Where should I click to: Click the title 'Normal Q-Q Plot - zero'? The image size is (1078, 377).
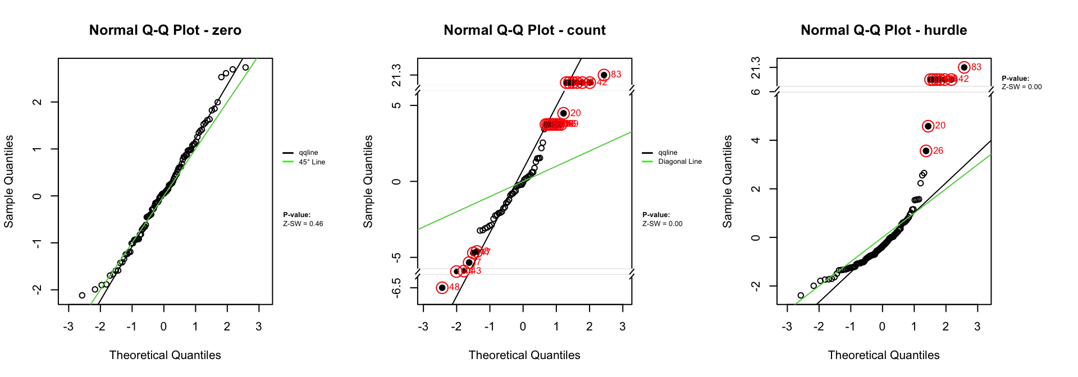165,30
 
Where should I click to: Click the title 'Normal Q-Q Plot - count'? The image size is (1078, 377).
524,30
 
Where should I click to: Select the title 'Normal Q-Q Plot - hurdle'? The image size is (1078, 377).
884,30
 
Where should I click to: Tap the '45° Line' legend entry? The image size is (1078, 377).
312,162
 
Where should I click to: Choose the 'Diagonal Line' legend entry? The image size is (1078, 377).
679,162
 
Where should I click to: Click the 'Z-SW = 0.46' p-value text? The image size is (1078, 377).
303,224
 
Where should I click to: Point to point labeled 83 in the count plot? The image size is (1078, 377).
604,75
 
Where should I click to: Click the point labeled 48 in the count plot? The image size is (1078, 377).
442,288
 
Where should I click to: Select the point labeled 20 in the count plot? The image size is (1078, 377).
564,113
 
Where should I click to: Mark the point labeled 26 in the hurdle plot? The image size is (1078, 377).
926,151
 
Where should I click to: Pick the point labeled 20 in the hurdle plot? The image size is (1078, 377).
928,126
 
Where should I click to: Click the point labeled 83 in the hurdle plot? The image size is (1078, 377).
964,67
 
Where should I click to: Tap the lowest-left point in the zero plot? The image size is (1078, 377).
82,295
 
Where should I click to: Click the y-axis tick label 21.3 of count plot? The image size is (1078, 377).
396,75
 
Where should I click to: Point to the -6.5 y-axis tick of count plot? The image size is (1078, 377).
396,287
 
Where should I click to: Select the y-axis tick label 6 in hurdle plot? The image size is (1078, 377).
756,91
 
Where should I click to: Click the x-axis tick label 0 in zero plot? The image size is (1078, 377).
163,327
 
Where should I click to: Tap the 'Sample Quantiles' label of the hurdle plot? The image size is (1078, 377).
728,181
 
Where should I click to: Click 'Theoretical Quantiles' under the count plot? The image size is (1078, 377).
524,355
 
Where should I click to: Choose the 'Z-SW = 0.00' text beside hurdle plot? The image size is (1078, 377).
1021,87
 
